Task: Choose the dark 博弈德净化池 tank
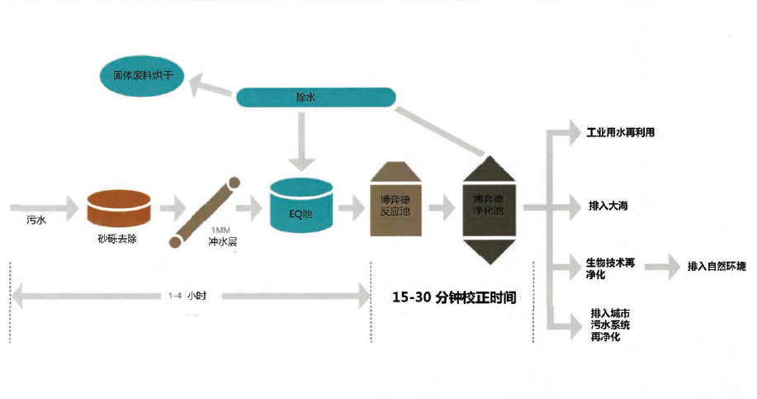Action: tap(494, 207)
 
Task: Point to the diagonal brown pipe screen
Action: tap(205, 211)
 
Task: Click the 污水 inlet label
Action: tap(35, 221)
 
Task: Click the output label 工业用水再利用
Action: tap(620, 132)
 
